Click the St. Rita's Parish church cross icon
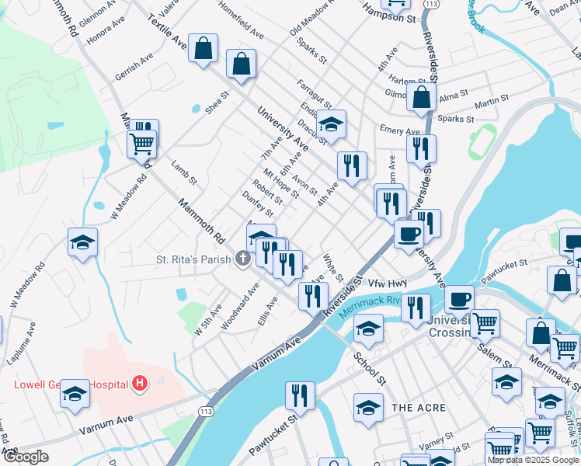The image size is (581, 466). pyautogui.click(x=243, y=258)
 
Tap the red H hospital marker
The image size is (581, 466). pyautogui.click(x=140, y=382)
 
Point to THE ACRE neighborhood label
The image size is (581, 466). pyautogui.click(x=419, y=408)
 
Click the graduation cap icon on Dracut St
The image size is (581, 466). pyautogui.click(x=331, y=125)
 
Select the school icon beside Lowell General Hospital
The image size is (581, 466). pyautogui.click(x=75, y=394)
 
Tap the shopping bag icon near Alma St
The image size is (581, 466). pyautogui.click(x=421, y=98)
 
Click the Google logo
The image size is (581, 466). pyautogui.click(x=26, y=457)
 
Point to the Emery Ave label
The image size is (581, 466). pyautogui.click(x=395, y=130)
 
